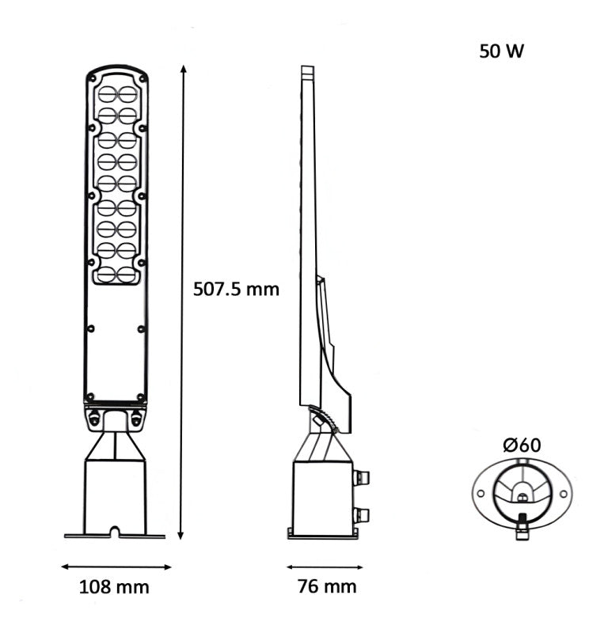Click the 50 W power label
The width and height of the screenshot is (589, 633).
[x=501, y=51]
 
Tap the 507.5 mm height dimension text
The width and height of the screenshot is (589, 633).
[x=237, y=289]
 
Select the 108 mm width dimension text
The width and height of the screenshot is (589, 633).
[x=114, y=586]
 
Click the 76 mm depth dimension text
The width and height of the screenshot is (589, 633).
[x=327, y=586]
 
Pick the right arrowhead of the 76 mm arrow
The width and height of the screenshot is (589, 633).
[x=363, y=567]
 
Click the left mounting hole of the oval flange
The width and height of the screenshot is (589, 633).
[x=479, y=494]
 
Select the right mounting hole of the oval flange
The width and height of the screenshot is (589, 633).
[x=563, y=494]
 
